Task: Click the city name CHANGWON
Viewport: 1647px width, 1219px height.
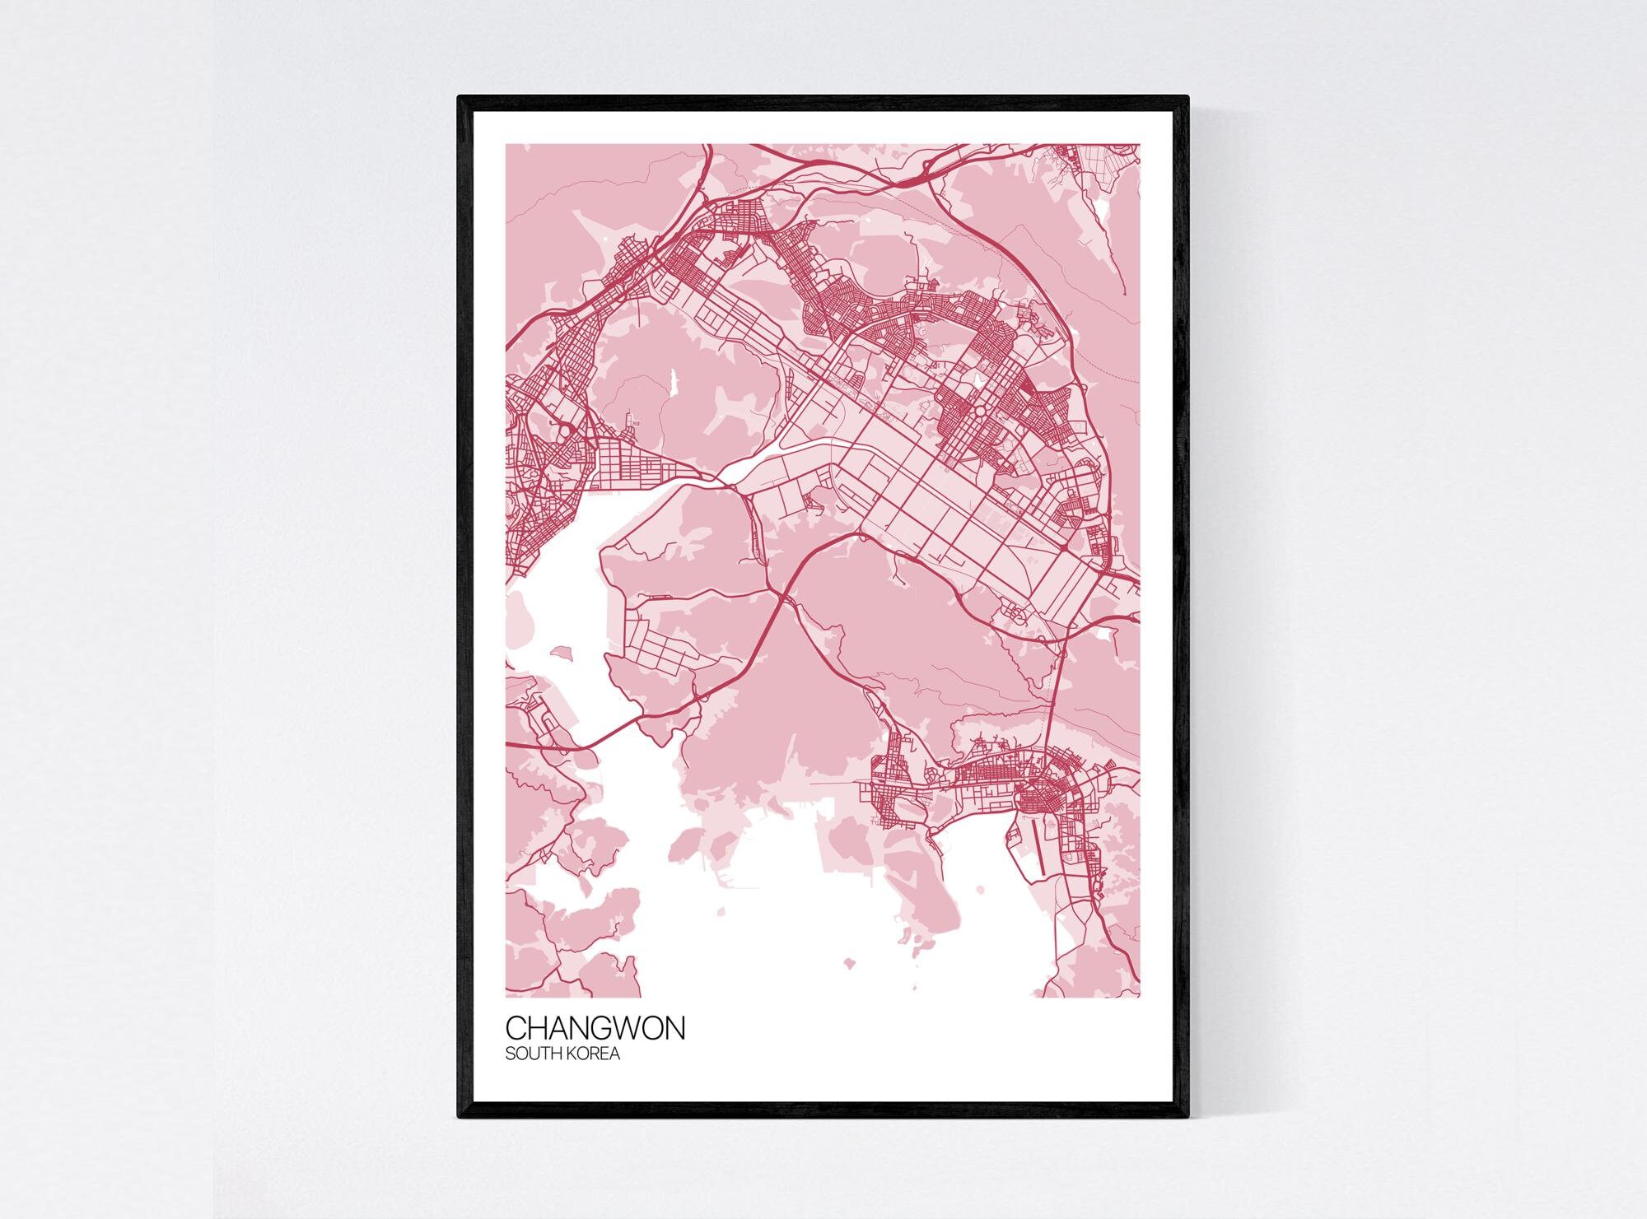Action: tap(595, 1029)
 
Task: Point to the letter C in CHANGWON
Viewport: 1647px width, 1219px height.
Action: tap(516, 1029)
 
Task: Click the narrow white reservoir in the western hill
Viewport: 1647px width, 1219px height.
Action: tap(674, 382)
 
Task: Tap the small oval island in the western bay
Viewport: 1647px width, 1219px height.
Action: tap(562, 652)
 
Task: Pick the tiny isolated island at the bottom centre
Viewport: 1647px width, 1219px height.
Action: tap(848, 961)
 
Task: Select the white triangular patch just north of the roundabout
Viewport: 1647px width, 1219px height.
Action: tap(977, 379)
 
